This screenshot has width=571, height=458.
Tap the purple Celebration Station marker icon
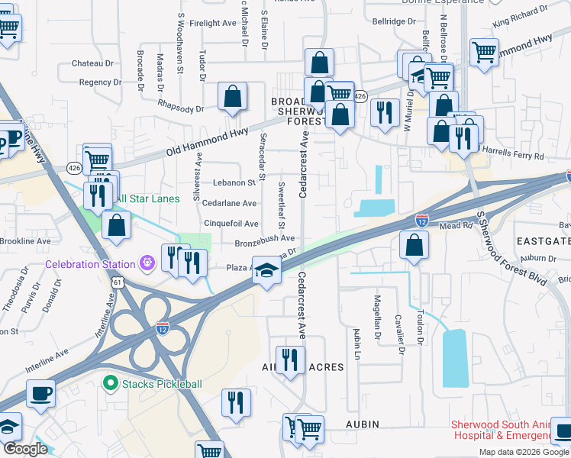point(147,264)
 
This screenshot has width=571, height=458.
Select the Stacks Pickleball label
point(162,384)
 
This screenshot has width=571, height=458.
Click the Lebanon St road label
point(234,183)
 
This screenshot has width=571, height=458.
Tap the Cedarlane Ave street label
point(228,204)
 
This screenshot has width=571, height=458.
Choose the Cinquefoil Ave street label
point(230,224)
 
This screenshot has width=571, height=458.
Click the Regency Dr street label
point(100,82)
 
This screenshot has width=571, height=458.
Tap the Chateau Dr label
point(92,63)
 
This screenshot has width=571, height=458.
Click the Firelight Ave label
point(213,24)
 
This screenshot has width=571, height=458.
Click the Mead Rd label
point(456,226)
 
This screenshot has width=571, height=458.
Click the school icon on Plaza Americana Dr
point(266,271)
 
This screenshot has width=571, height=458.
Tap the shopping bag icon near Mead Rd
point(414,245)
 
